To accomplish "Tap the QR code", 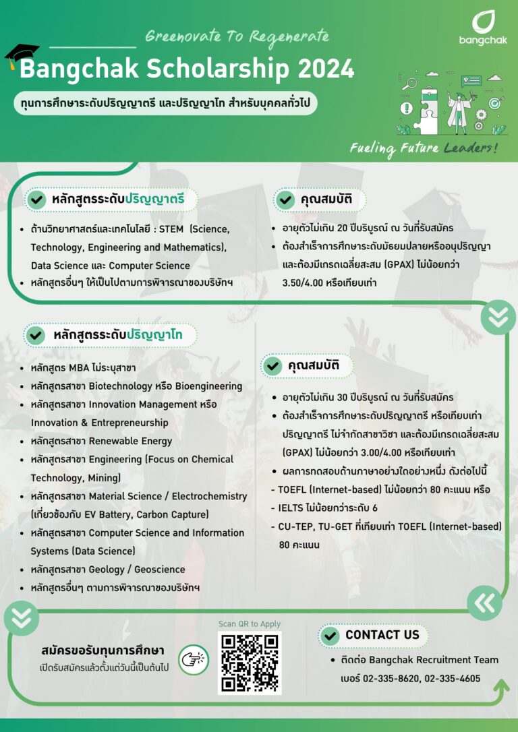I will pyautogui.click(x=250, y=663).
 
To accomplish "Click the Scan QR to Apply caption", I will pyautogui.click(x=250, y=624).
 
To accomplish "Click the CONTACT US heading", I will pyautogui.click(x=382, y=635).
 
